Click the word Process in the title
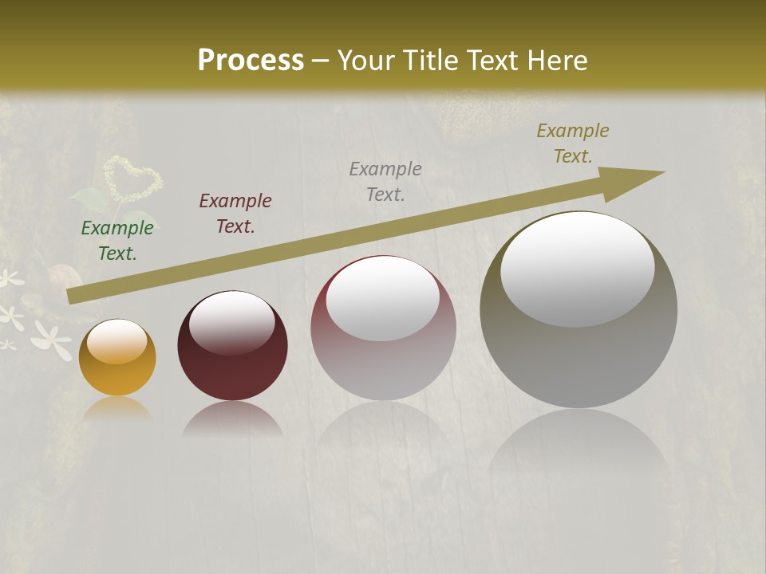pos(251,60)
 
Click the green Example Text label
pos(117,240)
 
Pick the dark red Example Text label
pos(235,214)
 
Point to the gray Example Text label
pos(385,181)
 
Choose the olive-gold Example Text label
pos(573,143)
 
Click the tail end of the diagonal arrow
pos(73,296)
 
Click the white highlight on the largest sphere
pos(577,267)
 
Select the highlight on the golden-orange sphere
pos(117,341)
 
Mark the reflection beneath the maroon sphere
pos(232,419)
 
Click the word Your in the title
pos(365,60)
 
